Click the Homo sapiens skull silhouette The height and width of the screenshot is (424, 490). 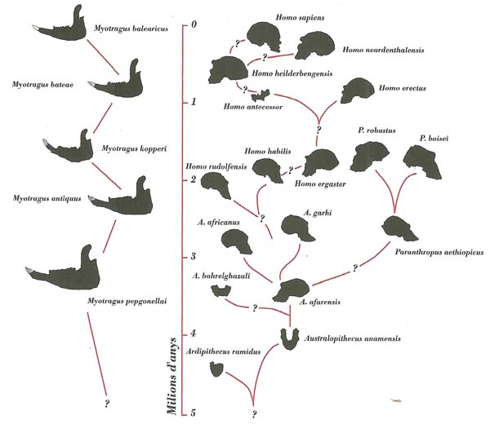point(264,36)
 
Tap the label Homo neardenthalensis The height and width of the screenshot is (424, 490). point(383,50)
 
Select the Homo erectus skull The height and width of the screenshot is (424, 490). point(357,91)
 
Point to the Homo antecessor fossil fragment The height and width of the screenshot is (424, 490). point(261,95)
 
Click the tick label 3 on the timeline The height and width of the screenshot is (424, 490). point(193,257)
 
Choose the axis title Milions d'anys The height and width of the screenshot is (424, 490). point(171,376)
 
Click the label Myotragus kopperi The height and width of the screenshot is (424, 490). point(134,148)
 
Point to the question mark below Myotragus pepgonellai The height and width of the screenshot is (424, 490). point(107,403)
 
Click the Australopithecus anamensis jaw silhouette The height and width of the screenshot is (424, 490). point(290,339)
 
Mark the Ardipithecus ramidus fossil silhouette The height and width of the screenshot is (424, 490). point(216,369)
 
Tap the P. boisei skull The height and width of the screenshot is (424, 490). point(423,162)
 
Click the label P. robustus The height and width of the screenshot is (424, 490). point(376,130)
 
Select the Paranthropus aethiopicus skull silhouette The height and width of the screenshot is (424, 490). point(399,228)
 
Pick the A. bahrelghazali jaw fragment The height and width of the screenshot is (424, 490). point(221,291)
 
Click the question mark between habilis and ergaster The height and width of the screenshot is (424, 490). point(291,170)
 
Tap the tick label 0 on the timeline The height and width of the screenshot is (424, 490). point(194,24)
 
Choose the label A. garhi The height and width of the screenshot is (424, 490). point(318,213)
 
